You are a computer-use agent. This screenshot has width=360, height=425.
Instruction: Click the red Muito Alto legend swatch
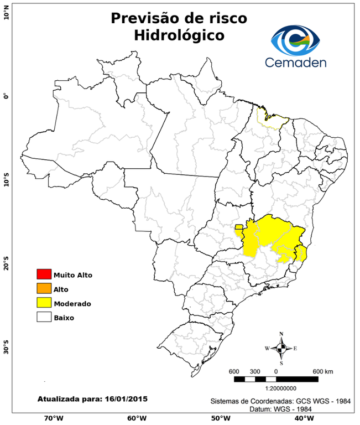pos(44,274)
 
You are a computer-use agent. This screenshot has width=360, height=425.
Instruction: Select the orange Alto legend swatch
pos(44,289)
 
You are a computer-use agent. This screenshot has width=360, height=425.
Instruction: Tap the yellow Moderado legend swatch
pos(44,303)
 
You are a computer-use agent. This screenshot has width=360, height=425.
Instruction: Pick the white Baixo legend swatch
pos(44,318)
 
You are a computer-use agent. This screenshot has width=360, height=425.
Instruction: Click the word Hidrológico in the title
pos(179,35)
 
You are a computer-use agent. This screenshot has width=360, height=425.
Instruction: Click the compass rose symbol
pos(281,348)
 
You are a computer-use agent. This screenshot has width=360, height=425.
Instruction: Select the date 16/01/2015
pos(126,398)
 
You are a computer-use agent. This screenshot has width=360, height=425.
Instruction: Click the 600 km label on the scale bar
pos(323,371)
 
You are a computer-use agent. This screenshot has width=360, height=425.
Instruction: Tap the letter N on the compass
pos(281,334)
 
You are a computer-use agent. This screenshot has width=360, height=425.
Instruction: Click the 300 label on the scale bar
pos(255,371)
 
